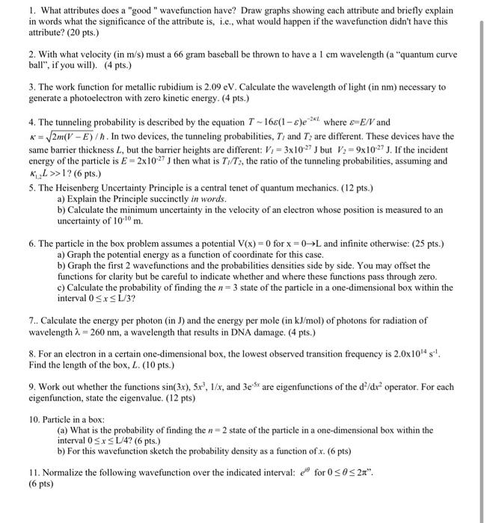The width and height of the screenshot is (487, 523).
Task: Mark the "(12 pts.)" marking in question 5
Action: point(355,187)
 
